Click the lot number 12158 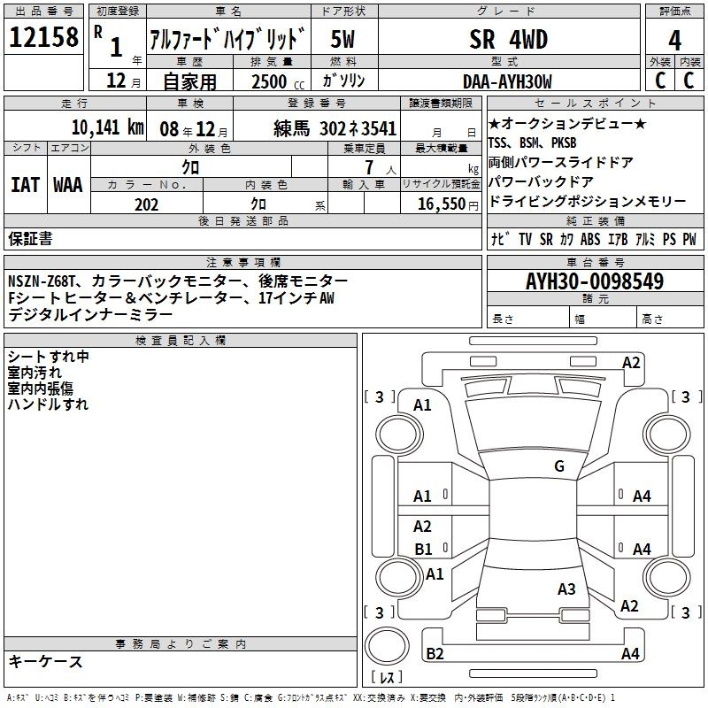(x=43, y=37)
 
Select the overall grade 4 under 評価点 (x=674, y=41)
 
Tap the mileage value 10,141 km (x=108, y=127)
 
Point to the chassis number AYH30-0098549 (x=595, y=281)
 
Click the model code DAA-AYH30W (x=507, y=81)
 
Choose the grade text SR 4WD (x=508, y=39)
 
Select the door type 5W (x=342, y=39)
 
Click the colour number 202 (x=146, y=204)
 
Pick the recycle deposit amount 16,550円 (x=448, y=204)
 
